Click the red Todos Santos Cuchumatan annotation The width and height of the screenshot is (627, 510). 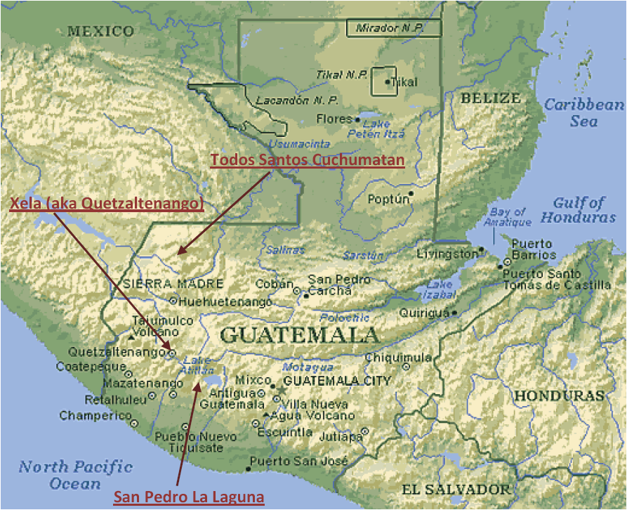308,160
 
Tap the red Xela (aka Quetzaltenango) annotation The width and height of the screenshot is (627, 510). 106,203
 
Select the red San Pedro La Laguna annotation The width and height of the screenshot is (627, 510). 189,497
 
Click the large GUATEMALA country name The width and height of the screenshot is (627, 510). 300,334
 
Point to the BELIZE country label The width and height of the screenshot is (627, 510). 490,98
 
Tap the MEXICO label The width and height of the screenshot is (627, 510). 100,31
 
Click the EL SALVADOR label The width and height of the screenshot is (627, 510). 456,489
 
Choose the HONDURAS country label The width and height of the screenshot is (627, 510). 559,395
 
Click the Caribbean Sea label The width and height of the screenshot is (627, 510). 584,112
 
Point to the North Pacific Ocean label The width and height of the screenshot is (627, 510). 75,475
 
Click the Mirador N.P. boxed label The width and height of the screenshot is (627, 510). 393,29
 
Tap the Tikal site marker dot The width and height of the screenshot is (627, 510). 386,82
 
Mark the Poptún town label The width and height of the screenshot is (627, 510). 388,199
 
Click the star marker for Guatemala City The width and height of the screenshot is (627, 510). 281,389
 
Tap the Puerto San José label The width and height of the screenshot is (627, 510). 299,462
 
